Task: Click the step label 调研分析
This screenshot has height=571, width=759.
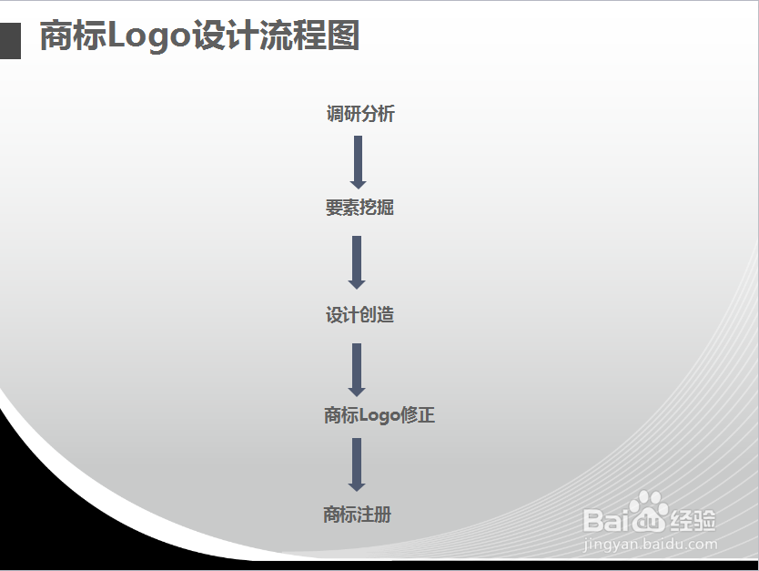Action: pyautogui.click(x=360, y=114)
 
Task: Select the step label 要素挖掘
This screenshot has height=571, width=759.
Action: pyautogui.click(x=359, y=208)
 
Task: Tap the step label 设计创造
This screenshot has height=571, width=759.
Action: pyautogui.click(x=359, y=315)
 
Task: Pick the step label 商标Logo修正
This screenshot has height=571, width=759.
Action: pyautogui.click(x=379, y=415)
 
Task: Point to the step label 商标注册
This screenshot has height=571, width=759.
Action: pyautogui.click(x=357, y=515)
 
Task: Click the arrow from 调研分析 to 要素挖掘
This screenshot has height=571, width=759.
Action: pyautogui.click(x=358, y=162)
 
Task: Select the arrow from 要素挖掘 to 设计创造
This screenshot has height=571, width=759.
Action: pyautogui.click(x=357, y=262)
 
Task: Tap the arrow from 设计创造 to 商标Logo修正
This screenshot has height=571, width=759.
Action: pyautogui.click(x=357, y=369)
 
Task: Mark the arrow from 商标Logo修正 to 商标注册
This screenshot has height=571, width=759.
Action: pyautogui.click(x=357, y=464)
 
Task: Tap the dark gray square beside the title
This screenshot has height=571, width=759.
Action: pyautogui.click(x=10, y=40)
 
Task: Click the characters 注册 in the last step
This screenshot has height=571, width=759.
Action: pyautogui.click(x=374, y=515)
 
